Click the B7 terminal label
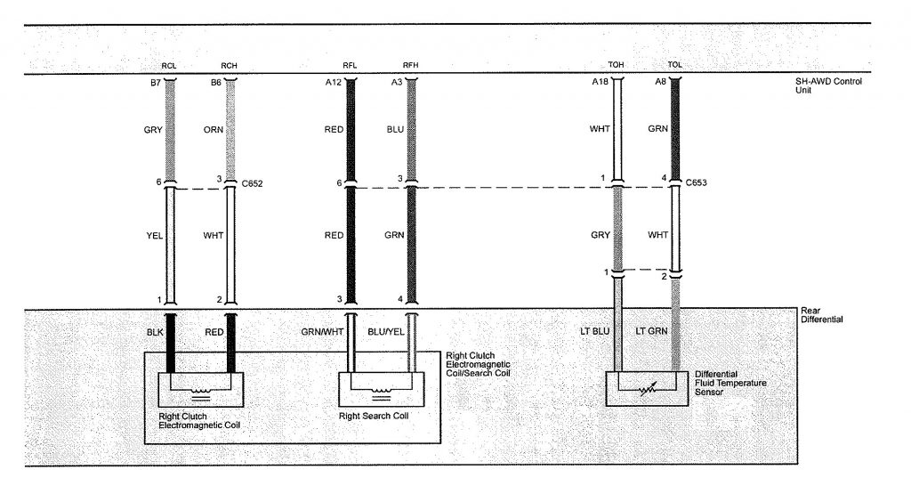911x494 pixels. click(x=153, y=82)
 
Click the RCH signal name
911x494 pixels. click(x=229, y=65)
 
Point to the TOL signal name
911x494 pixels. click(x=675, y=65)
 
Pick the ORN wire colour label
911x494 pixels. click(x=214, y=129)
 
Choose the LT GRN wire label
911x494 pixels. click(x=652, y=332)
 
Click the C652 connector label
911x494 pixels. click(x=252, y=183)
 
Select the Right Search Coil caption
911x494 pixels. click(x=376, y=416)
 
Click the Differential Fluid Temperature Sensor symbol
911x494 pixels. click(x=647, y=388)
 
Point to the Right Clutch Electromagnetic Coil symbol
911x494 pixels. click(x=200, y=388)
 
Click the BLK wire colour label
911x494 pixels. click(x=153, y=332)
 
